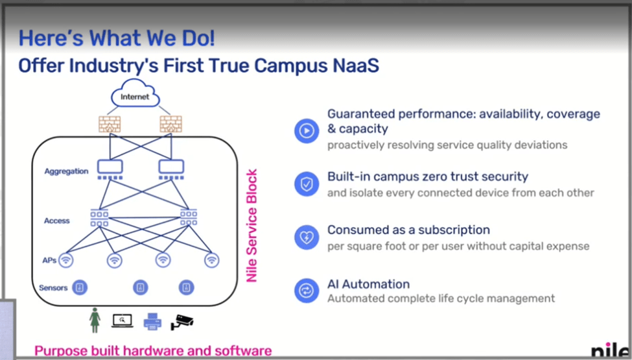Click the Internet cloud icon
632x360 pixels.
(x=135, y=93)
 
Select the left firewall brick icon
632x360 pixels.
(x=110, y=124)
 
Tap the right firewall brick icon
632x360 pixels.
(x=171, y=124)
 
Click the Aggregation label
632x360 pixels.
(x=67, y=171)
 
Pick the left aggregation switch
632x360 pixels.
(x=110, y=169)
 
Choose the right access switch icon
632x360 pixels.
(x=189, y=218)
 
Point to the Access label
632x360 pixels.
(x=57, y=221)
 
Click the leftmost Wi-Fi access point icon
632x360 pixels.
(x=66, y=260)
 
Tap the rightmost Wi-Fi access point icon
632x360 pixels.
(x=211, y=260)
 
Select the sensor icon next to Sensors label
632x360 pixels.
(x=80, y=287)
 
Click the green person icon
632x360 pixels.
(x=95, y=320)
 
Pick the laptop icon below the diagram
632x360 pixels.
(x=122, y=321)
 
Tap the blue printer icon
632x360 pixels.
(x=152, y=321)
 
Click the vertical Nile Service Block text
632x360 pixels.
(x=252, y=225)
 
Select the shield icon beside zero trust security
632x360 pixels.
(x=307, y=184)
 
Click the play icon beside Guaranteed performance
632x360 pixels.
(x=307, y=130)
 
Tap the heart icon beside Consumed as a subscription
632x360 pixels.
(x=307, y=237)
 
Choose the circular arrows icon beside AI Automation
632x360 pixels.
(x=307, y=290)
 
